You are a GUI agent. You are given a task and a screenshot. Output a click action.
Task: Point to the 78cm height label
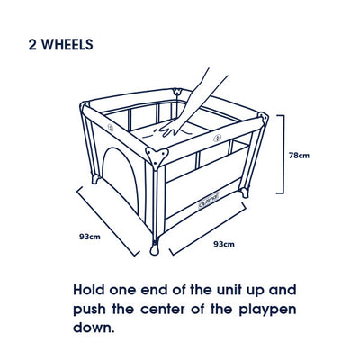click(299, 155)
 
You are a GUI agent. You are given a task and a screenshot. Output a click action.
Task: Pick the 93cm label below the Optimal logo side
click(224, 244)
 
